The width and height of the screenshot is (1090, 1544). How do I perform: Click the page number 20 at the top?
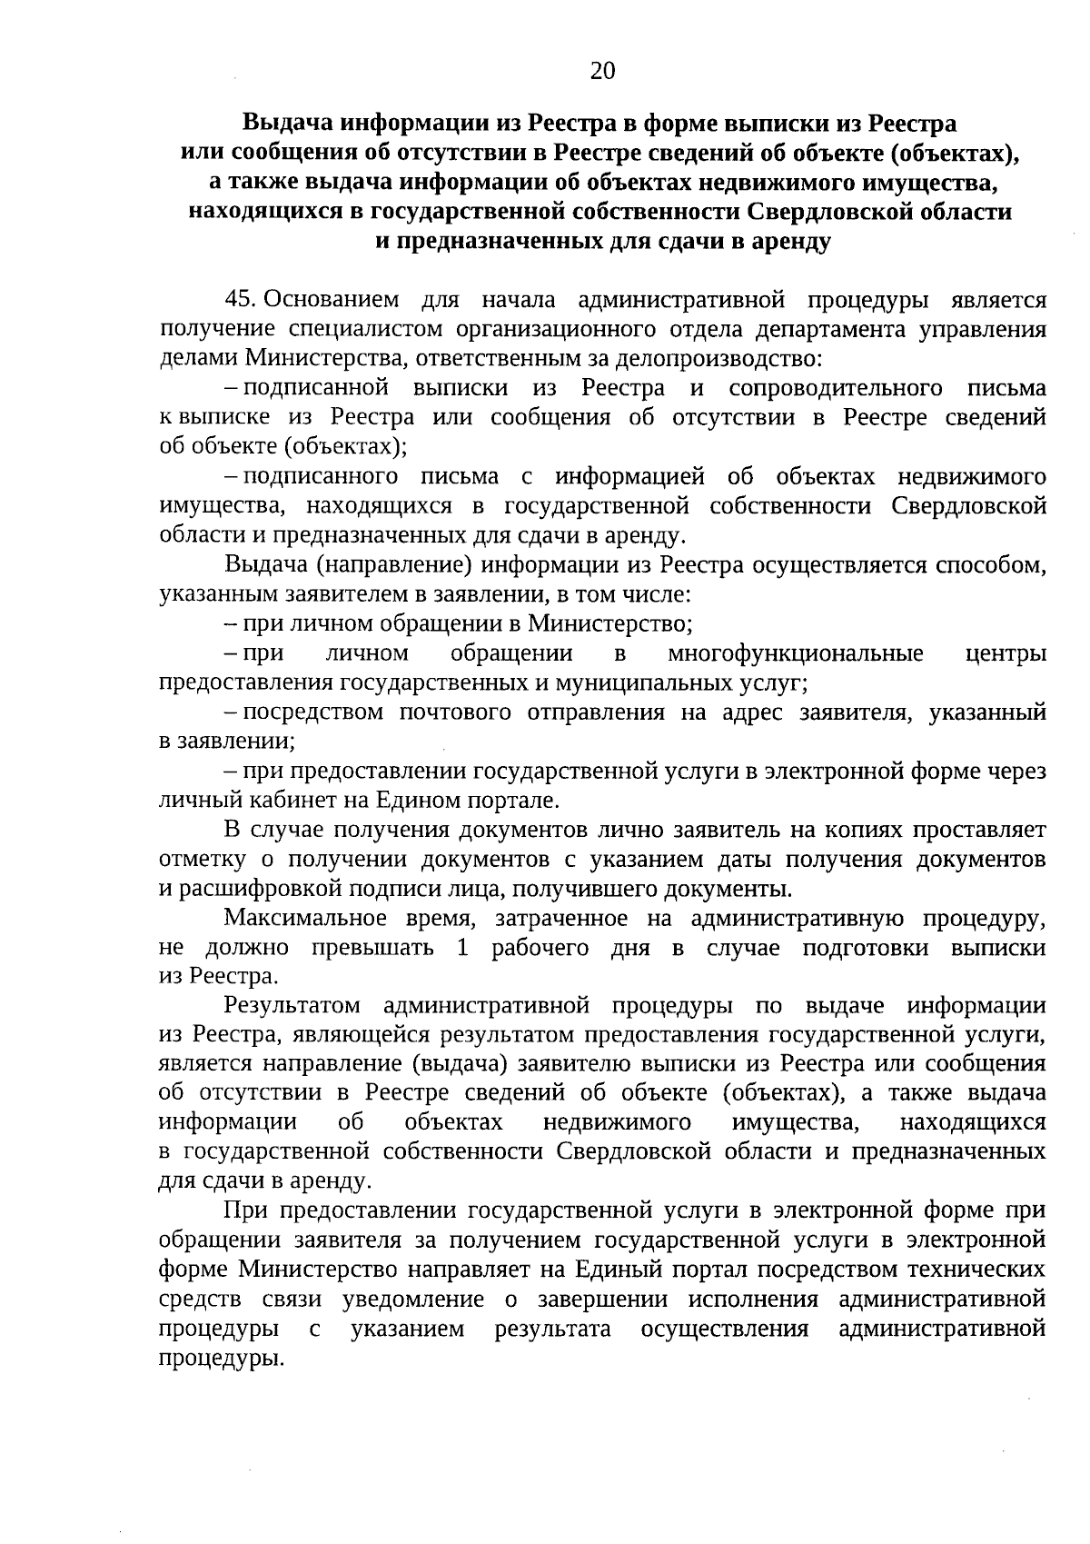pos(602,71)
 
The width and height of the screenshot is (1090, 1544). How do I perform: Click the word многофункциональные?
pos(795,653)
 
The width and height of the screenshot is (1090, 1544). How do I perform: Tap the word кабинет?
pos(279,801)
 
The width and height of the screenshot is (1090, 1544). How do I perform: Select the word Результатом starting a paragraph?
pos(292,1006)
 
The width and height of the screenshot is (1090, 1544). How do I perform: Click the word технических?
pos(971,1270)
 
